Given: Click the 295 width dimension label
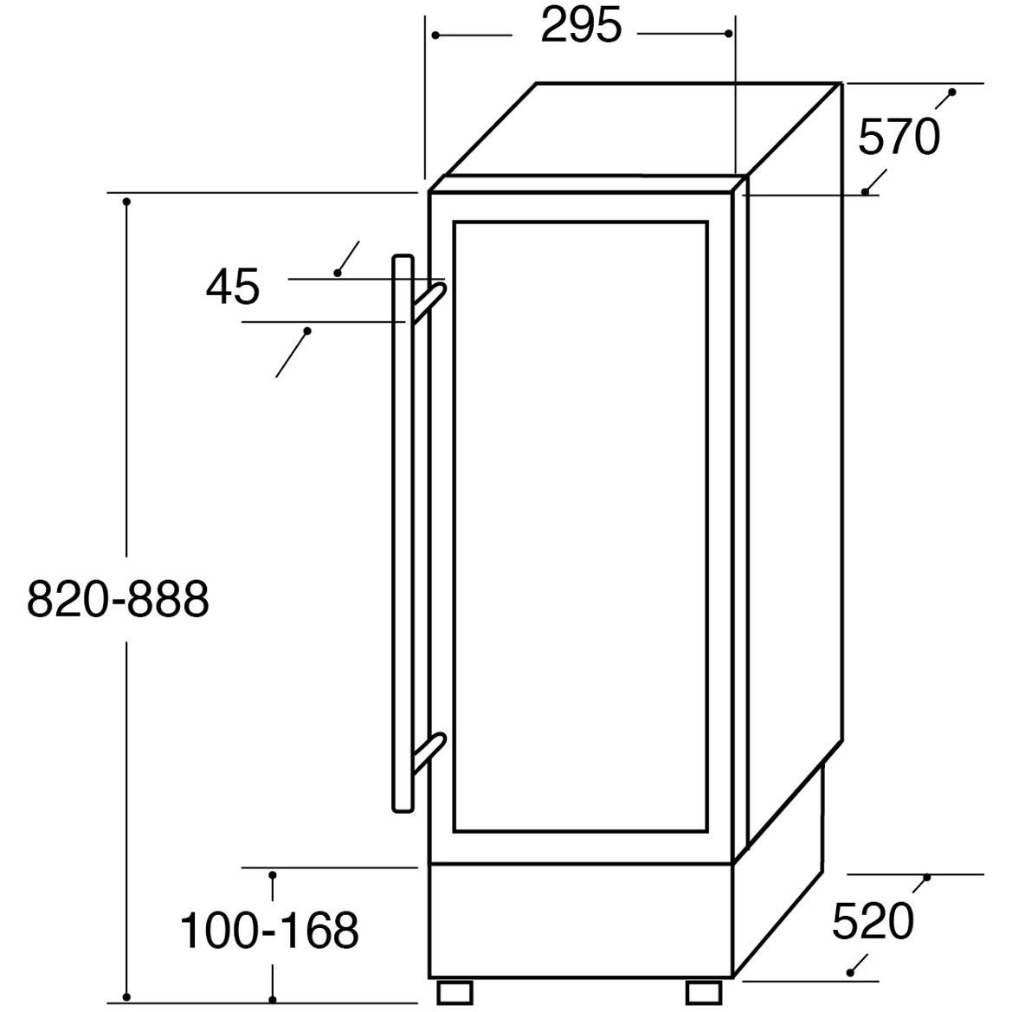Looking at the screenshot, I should click(581, 26).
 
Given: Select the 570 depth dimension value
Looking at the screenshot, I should click(898, 138).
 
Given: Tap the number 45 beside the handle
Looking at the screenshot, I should click(232, 287).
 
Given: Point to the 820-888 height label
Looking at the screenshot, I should click(118, 599).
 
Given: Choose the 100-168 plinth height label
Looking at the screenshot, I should click(268, 931).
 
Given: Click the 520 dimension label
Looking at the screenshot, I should click(872, 921).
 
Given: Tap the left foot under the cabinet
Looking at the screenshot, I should click(456, 991).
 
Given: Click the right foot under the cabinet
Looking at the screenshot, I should click(705, 991).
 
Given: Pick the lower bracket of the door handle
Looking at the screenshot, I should click(428, 751).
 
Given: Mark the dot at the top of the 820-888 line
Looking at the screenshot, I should click(126, 202).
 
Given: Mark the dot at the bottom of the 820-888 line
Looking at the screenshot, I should click(126, 996).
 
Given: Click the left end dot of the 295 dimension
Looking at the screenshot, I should click(435, 35).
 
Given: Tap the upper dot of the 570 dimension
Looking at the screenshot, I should click(952, 92).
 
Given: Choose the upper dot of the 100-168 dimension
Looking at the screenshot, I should click(273, 875).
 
